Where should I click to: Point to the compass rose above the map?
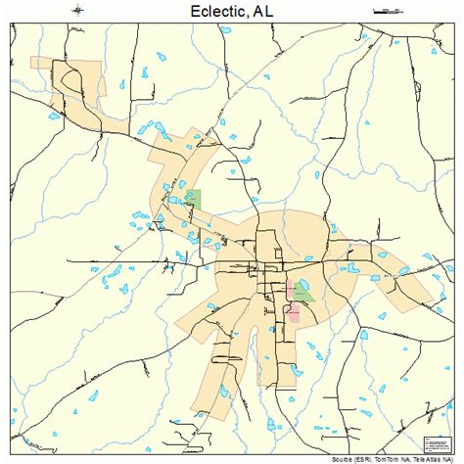[x=77, y=11]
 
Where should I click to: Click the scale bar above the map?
[x=388, y=11]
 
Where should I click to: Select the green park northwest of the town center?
[x=193, y=199]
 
